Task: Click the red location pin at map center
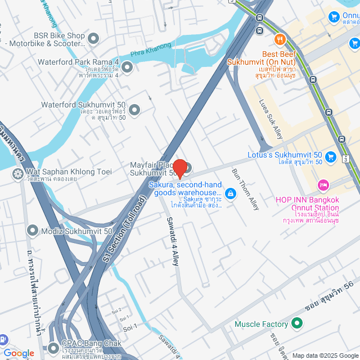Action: point(179,168)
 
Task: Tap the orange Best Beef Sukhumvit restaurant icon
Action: point(280,39)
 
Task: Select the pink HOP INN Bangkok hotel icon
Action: point(323,184)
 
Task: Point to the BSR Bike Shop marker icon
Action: point(93,39)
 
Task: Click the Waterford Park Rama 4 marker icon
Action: point(127,68)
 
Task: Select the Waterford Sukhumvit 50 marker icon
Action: point(134,112)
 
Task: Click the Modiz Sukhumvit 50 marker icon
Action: point(33,231)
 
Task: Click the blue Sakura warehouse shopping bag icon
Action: point(230,194)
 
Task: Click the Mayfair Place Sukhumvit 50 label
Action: point(151,169)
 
